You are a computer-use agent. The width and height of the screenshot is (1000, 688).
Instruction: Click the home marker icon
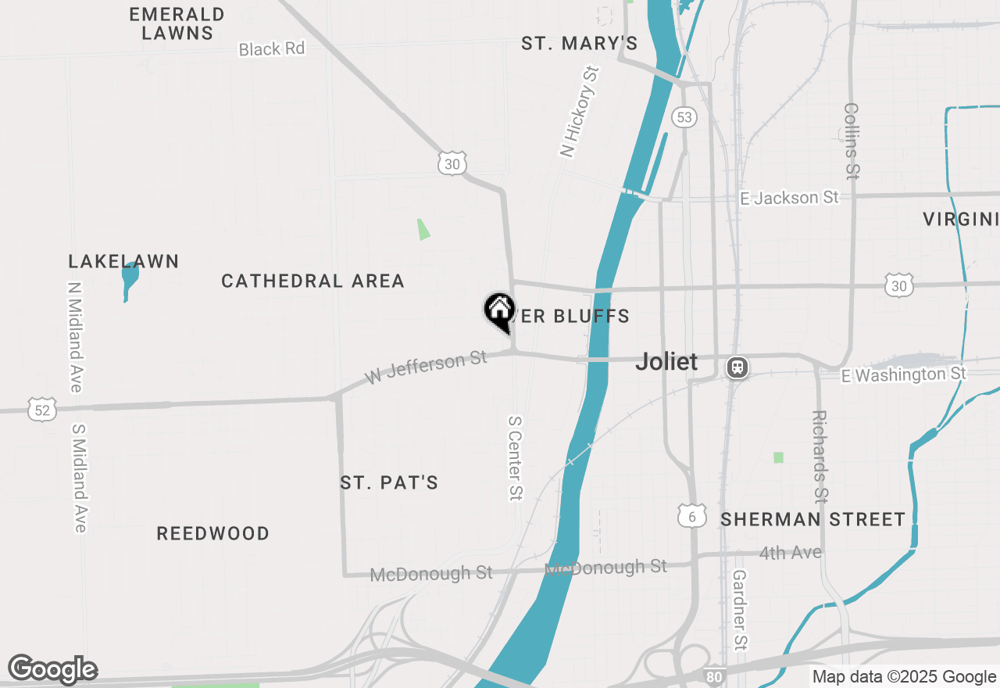coord(498,310)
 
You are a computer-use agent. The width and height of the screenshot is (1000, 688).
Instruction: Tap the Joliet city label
coord(666,361)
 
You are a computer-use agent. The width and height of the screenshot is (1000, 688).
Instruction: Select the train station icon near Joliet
coord(737,367)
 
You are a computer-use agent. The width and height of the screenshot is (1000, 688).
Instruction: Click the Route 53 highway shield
coord(684,117)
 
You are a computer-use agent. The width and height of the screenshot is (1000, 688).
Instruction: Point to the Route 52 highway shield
coord(42,409)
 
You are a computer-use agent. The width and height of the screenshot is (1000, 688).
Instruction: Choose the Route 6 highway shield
coord(692,516)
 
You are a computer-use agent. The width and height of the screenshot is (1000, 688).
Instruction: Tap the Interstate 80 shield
coord(714,676)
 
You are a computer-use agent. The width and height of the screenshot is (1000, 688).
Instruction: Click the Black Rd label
coord(271,48)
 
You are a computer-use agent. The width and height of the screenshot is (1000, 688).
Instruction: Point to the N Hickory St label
coord(579,112)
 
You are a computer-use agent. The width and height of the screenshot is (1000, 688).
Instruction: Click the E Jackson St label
coord(789,198)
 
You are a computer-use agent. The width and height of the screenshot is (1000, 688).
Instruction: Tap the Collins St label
coord(852,141)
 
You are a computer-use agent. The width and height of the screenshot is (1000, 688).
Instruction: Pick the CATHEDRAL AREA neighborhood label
coord(312,281)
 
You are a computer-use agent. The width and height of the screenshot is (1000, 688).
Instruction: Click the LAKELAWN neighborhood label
coord(123,261)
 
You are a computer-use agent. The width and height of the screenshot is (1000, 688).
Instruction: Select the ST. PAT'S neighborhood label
coord(389,482)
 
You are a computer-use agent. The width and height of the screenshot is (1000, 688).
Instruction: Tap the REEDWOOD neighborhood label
coord(212,533)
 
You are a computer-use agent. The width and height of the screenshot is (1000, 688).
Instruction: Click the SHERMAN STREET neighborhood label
coord(812,519)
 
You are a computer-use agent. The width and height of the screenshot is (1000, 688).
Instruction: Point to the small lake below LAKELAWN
coord(129,279)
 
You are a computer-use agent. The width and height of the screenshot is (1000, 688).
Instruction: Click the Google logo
coord(53,670)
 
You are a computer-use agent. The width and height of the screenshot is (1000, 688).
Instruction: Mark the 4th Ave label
coord(790,553)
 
